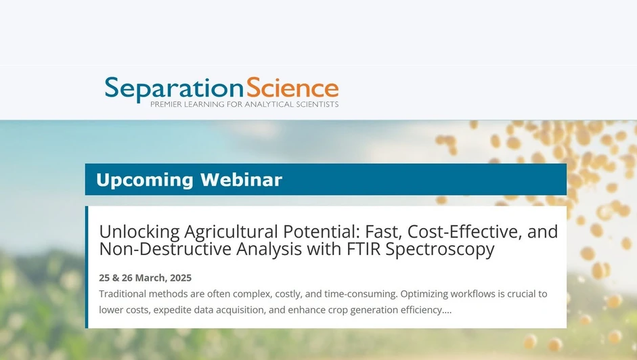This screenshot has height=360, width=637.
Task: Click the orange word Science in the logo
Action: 292,88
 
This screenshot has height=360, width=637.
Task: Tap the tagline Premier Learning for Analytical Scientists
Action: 244,105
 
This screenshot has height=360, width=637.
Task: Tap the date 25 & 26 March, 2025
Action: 145,278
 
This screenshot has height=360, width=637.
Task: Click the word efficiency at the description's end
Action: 426,311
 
